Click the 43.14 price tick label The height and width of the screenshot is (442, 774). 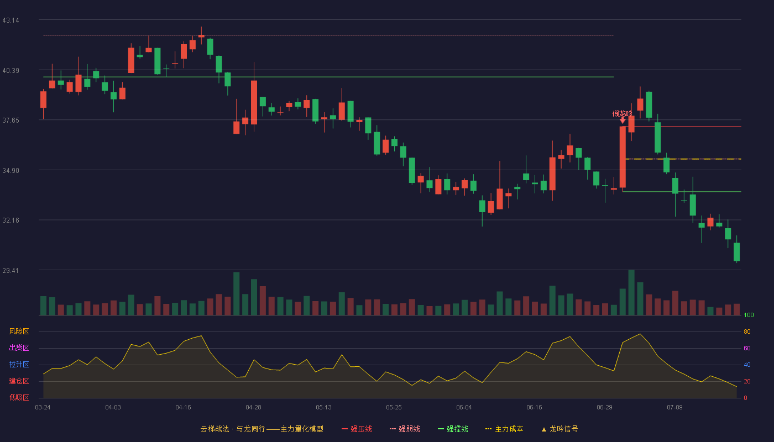click(x=11, y=20)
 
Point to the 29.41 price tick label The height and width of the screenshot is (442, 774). click(x=11, y=270)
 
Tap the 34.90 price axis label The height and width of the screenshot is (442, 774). click(x=11, y=171)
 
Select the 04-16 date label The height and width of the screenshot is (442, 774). click(x=183, y=408)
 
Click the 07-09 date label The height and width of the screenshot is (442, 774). click(x=674, y=408)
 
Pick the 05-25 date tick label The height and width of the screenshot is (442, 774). click(x=394, y=408)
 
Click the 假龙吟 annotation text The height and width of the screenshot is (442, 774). click(x=623, y=114)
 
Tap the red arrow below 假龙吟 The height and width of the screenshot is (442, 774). click(x=623, y=120)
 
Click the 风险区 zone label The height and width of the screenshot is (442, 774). click(x=19, y=331)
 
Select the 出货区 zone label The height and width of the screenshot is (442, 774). click(x=19, y=348)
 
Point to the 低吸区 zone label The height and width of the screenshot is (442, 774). click(x=19, y=397)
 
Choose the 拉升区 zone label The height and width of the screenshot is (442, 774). click(x=19, y=364)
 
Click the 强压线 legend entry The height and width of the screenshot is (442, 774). click(x=357, y=429)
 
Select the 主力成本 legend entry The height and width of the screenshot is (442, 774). click(x=504, y=429)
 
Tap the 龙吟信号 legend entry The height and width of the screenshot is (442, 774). click(x=559, y=429)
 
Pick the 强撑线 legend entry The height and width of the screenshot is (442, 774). click(x=453, y=429)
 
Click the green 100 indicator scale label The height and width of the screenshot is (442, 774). click(x=749, y=315)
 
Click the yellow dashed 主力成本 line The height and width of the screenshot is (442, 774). click(x=683, y=159)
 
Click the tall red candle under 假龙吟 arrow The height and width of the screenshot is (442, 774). click(x=623, y=157)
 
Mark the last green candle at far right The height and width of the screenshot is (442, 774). click(x=736, y=252)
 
